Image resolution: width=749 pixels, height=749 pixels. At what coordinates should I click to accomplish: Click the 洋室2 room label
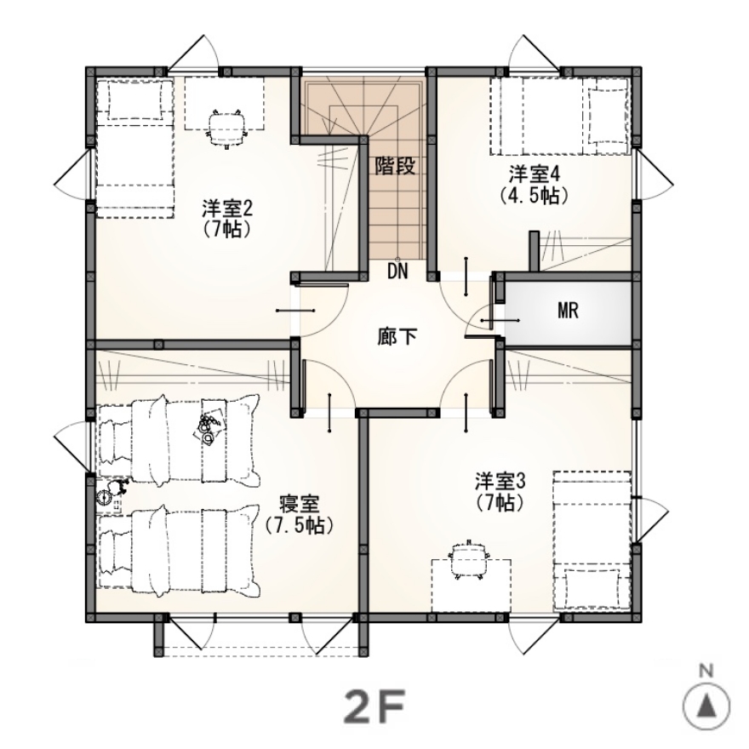point(227,209)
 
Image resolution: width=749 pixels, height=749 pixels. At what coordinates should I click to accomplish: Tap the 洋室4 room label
point(534,174)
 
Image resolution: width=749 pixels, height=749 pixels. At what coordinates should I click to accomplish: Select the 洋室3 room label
point(500,482)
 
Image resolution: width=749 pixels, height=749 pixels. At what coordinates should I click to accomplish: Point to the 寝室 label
point(299,505)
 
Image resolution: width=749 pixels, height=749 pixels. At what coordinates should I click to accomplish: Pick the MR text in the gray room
point(568,311)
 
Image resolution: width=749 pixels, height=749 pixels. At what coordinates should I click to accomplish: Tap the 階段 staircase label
point(395,166)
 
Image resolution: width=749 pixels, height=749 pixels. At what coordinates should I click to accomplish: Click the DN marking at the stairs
point(397,272)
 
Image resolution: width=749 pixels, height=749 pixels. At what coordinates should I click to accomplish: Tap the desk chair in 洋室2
point(226,128)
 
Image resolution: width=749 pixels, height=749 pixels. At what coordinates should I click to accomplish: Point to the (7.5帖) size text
point(299,526)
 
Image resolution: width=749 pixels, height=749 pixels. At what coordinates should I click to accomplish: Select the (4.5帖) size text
point(534,196)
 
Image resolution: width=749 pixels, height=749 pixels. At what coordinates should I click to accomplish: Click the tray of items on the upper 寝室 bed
point(209,426)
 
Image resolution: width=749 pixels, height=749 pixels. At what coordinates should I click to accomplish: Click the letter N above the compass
point(706,672)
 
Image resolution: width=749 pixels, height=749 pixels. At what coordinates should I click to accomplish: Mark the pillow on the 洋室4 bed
point(606,116)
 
